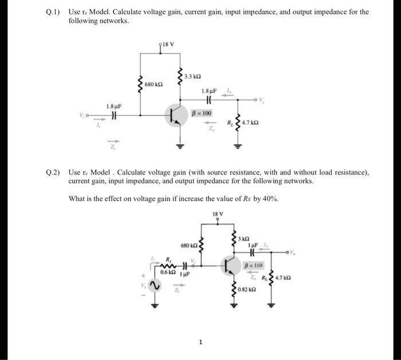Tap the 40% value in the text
[x=273, y=199]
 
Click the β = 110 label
[x=253, y=266]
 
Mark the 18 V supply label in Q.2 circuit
[x=217, y=216]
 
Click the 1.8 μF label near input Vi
[x=114, y=106]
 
